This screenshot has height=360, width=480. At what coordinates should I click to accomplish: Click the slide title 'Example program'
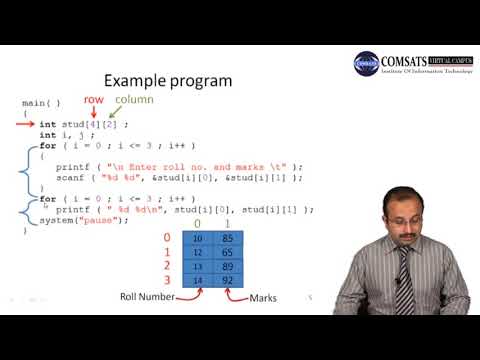(168, 81)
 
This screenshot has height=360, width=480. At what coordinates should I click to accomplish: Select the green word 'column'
(134, 101)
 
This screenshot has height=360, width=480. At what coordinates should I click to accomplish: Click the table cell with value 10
(197, 239)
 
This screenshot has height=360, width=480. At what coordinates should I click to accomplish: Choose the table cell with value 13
(197, 268)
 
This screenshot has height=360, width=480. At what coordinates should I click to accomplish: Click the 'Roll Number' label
(147, 297)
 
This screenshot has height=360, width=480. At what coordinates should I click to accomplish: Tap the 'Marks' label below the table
(264, 298)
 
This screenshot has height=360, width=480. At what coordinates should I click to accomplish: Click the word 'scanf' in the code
(68, 176)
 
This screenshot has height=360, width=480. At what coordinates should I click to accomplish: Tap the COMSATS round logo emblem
(366, 62)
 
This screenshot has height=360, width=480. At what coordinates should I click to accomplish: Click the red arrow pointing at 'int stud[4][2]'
(27, 124)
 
